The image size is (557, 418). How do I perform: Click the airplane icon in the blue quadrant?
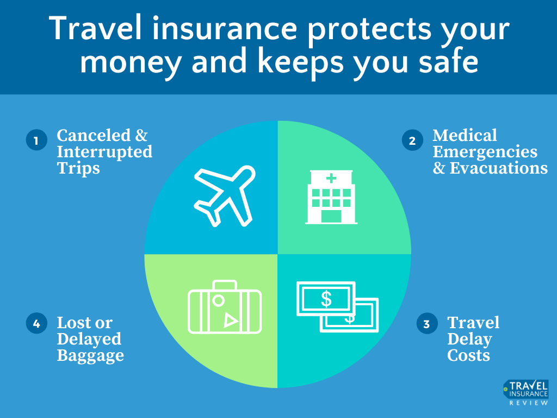pos(223,196)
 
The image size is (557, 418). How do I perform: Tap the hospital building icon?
pos(331,196)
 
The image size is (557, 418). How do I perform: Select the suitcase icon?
pos(224,308)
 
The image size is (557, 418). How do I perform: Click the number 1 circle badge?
pos(36,141)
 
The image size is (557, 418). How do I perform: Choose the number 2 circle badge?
pos(412,141)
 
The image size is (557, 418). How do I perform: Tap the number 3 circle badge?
pos(427,324)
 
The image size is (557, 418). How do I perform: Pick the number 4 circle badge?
pos(36,324)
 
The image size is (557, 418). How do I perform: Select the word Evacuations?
pos(498,168)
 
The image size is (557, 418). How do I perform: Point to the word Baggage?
pos(90,356)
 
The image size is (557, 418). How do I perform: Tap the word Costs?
pos(468,356)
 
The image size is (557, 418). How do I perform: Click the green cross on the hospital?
pos(331,178)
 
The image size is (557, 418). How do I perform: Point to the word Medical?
pos(465,135)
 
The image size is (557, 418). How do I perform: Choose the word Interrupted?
pos(104,151)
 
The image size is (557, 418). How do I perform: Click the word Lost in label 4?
pos(74,323)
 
